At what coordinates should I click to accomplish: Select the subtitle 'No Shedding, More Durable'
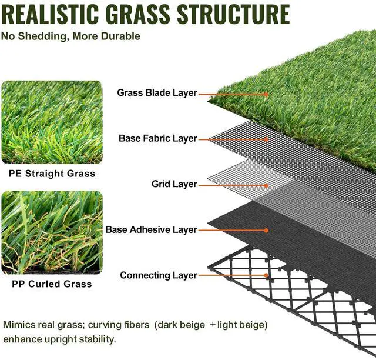pos(70,36)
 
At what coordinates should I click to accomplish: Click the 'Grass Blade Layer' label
pos(157,93)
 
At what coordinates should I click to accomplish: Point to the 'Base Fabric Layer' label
pos(157,139)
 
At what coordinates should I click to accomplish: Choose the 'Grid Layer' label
pos(174,184)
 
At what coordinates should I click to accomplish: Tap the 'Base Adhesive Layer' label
pos(151,229)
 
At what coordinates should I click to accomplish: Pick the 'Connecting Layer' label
pos(158,275)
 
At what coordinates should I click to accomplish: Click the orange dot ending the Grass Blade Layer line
pos(266,94)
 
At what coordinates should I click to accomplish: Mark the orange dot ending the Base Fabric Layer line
pos(266,139)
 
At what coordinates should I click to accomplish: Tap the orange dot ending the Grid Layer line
pos(266,185)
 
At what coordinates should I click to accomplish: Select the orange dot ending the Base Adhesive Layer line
pos(266,230)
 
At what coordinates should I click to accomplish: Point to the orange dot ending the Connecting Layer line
pos(266,275)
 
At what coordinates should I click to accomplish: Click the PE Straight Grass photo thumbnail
pos(52,122)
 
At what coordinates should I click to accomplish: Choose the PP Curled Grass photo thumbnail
pos(52,232)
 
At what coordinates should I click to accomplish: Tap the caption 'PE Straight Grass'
pos(52,174)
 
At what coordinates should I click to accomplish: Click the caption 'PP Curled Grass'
pos(52,284)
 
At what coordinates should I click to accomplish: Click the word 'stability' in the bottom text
pos(97,339)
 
